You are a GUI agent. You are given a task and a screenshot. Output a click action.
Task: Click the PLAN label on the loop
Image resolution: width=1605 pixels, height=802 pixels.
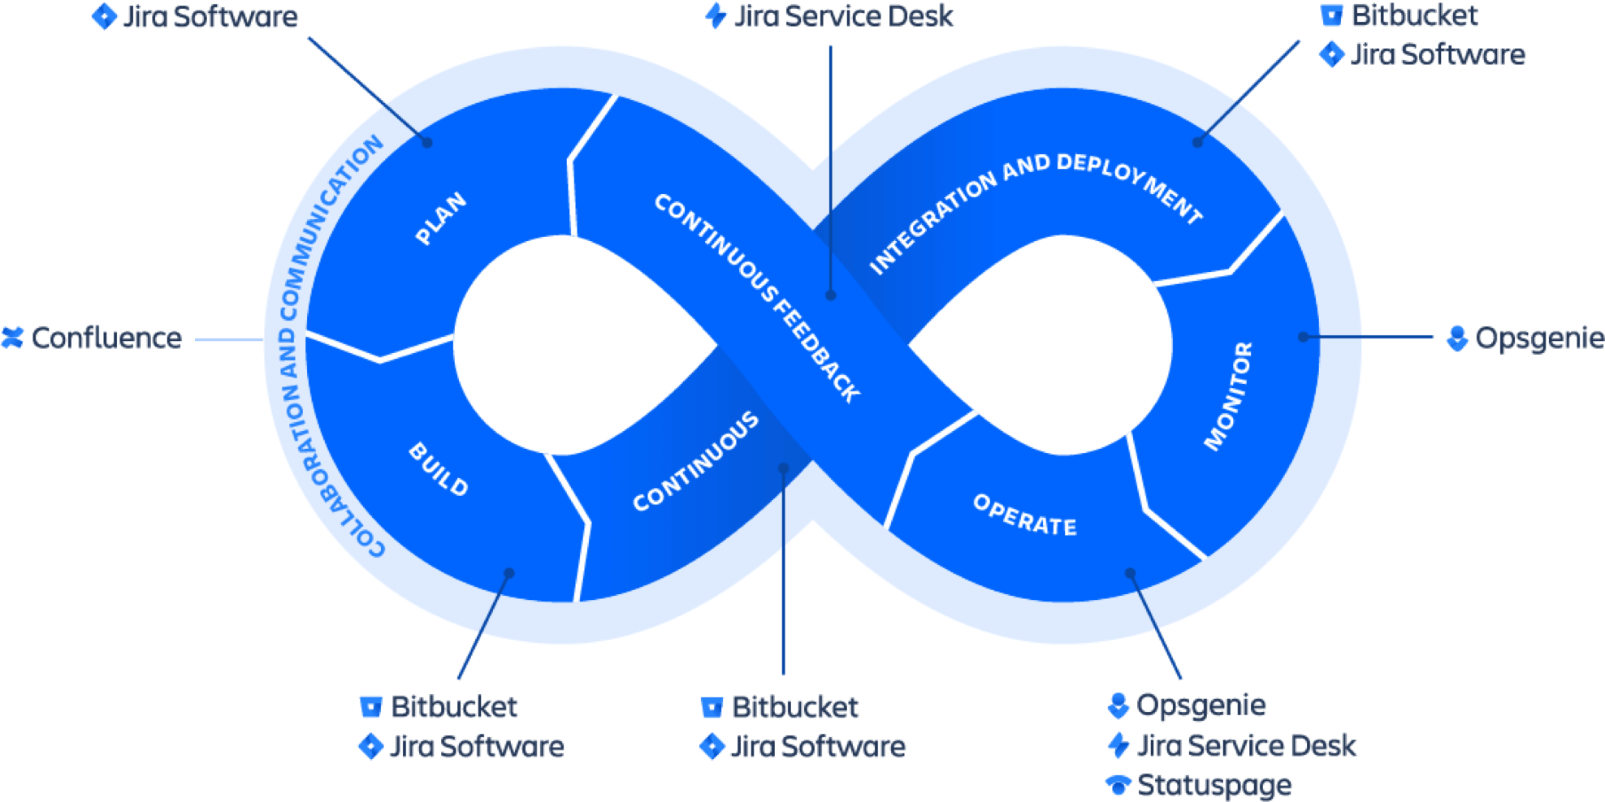click(x=441, y=218)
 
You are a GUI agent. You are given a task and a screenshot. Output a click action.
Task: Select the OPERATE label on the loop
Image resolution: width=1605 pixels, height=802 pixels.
click(x=1025, y=515)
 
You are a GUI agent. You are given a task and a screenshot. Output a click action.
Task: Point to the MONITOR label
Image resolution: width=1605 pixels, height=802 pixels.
click(x=1228, y=396)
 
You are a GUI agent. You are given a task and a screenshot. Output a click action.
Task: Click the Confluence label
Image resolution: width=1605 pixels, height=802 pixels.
click(x=106, y=338)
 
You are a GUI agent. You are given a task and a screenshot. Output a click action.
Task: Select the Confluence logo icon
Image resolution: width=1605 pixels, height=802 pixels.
click(x=12, y=338)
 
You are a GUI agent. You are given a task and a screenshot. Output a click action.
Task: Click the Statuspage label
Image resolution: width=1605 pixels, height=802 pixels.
click(x=1214, y=785)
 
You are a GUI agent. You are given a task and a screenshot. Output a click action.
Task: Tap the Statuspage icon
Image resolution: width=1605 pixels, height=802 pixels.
click(x=1118, y=784)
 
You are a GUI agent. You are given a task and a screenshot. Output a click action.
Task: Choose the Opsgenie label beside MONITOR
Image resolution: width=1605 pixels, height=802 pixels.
click(x=1538, y=338)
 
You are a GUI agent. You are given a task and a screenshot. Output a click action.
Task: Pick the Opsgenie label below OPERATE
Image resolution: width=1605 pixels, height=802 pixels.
click(x=1201, y=705)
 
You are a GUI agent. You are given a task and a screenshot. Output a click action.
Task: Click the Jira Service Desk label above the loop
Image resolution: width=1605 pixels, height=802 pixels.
click(x=843, y=16)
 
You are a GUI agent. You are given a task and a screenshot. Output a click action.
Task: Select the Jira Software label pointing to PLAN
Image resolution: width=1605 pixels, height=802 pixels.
click(x=210, y=17)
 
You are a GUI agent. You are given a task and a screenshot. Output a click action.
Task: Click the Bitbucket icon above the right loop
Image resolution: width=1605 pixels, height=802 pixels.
click(x=1330, y=15)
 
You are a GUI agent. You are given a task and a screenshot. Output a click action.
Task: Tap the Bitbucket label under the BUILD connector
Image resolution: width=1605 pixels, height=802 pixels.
click(x=454, y=706)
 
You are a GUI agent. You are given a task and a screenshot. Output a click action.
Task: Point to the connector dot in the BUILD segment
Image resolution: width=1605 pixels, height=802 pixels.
click(x=509, y=572)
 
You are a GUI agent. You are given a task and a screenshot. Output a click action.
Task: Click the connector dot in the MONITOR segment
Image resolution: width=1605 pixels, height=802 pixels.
click(x=1303, y=336)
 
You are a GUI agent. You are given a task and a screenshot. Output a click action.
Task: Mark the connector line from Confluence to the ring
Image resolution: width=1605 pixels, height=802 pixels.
click(x=229, y=339)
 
